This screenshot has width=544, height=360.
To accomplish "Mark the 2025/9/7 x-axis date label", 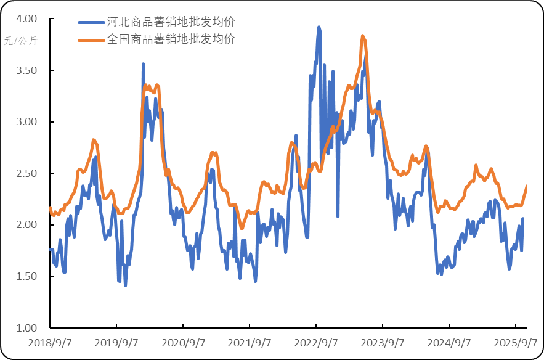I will click(x=518, y=343).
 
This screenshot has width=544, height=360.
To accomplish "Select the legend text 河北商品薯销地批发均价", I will click(x=171, y=22).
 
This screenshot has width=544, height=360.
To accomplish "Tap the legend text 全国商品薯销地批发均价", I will click(x=171, y=39).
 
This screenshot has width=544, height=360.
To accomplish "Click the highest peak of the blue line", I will click(x=319, y=27).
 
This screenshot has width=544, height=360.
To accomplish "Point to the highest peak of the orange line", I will click(x=363, y=36).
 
